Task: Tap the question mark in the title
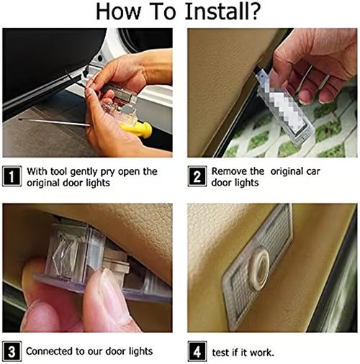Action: coord(252,12)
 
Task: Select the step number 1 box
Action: coord(12,176)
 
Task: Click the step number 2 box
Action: coord(197,176)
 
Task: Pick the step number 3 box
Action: coord(12,351)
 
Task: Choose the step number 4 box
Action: coord(197,351)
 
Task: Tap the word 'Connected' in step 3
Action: coord(50,351)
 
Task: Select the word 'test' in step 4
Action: coord(220,352)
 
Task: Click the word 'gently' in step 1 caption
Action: coord(84,172)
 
